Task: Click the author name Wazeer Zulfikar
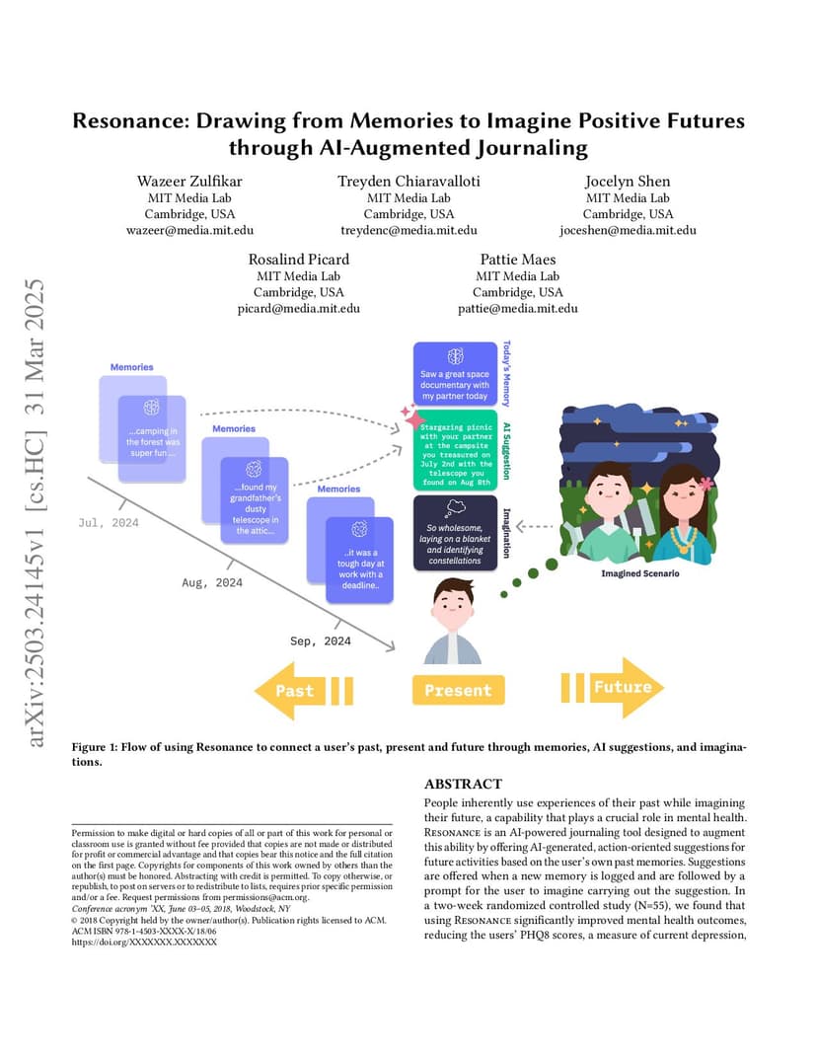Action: click(189, 181)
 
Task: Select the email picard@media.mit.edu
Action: click(298, 308)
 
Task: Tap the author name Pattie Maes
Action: click(517, 260)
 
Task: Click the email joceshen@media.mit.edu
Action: click(628, 230)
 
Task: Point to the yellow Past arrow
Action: click(304, 690)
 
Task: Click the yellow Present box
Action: click(458, 690)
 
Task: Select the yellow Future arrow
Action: click(613, 687)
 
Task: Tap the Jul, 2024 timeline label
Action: click(109, 523)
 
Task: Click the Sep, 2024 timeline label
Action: click(321, 641)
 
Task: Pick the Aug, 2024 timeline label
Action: click(212, 582)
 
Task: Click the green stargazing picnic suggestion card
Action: click(456, 450)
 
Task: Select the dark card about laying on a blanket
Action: click(456, 533)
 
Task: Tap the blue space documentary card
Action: click(456, 373)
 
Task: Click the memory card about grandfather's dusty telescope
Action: click(255, 500)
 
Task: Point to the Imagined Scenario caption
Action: click(640, 573)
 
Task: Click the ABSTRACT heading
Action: click(463, 784)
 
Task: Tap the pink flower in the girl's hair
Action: click(706, 484)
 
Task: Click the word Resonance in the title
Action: click(131, 120)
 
